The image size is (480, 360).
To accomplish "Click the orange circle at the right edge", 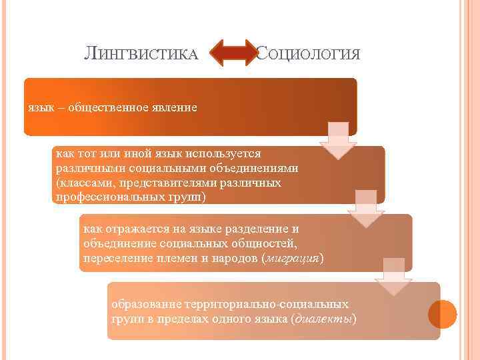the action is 442,314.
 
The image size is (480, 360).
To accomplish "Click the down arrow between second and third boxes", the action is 366,209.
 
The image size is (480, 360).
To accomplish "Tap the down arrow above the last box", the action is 393,277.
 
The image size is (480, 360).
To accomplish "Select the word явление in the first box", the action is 175,107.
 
